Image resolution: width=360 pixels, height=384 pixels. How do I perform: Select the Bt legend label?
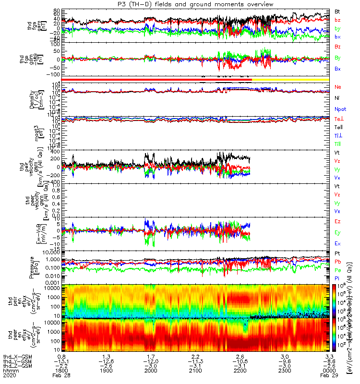click(x=337, y=11)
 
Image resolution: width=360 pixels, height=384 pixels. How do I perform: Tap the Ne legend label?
click(x=337, y=87)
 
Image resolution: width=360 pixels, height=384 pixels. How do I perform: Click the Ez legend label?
click(x=337, y=222)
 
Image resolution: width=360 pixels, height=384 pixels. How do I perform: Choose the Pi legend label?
click(x=337, y=278)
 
